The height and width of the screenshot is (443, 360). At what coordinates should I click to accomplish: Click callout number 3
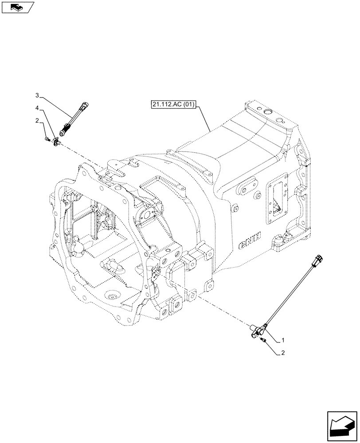click(38, 95)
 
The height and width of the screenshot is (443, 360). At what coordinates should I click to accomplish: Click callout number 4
click(38, 108)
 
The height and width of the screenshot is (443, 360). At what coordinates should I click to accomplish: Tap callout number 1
click(283, 341)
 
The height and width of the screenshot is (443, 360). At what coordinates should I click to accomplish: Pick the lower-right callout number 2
click(283, 353)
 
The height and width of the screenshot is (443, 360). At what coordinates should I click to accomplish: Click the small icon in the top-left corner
click(17, 7)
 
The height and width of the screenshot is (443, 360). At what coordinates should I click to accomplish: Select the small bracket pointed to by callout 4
click(56, 141)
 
